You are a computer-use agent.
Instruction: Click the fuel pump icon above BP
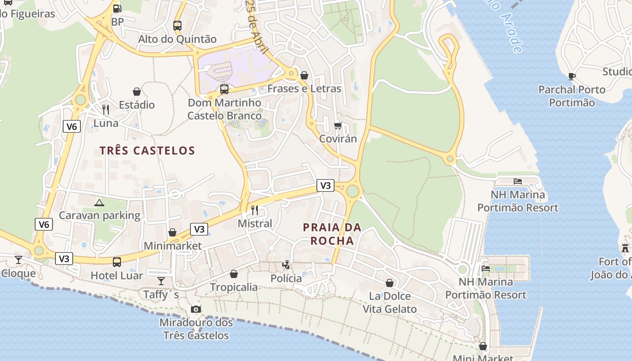point(117,8)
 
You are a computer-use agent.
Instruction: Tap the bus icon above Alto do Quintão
point(177,25)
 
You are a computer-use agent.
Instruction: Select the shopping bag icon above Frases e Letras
point(304,75)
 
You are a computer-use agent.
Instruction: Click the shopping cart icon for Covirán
point(338,125)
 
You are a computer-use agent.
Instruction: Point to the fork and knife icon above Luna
point(106,110)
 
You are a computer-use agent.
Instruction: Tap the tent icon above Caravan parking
point(99,203)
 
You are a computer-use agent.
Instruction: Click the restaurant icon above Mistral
point(255,210)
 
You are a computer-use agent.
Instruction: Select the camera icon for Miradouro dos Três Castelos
point(196,309)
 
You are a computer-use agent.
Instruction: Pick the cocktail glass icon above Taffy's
point(161,282)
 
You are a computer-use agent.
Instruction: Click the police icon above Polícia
point(286,265)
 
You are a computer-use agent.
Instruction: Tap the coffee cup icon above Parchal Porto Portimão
point(572,76)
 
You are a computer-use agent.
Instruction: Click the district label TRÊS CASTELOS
point(147,151)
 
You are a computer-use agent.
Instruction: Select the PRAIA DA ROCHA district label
point(332,234)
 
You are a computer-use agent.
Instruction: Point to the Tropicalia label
point(234,287)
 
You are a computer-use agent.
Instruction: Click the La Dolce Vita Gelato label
point(390,302)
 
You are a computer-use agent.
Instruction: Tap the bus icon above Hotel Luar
point(117,262)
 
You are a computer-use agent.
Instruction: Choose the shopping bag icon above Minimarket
point(172,232)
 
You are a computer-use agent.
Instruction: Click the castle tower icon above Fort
point(625,248)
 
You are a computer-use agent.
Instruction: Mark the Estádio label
point(137,105)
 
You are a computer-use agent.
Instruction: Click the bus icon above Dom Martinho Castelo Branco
point(224,89)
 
